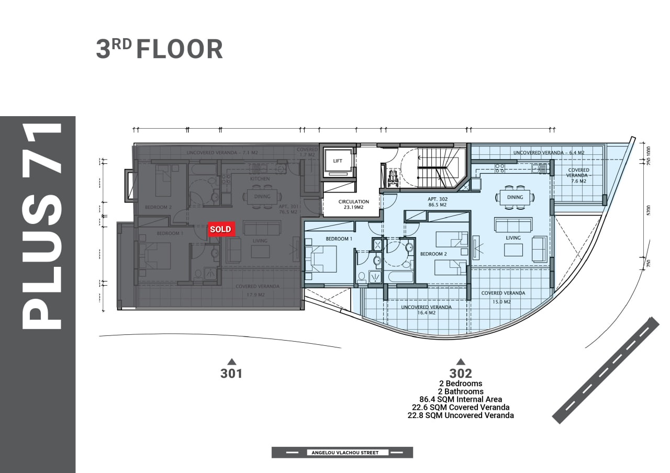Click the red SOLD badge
220,229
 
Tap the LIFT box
338,161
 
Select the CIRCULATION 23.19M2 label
353,204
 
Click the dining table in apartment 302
515,197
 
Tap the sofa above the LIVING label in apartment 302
513,225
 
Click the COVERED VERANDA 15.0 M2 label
503,297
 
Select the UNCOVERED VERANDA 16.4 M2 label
426,310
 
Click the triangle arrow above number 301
231,361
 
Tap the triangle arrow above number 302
461,361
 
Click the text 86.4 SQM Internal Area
461,399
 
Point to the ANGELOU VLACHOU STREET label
342,453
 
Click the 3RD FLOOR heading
159,49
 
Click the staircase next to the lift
439,167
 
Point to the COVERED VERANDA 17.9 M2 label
257,290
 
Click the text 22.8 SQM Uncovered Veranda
461,415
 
